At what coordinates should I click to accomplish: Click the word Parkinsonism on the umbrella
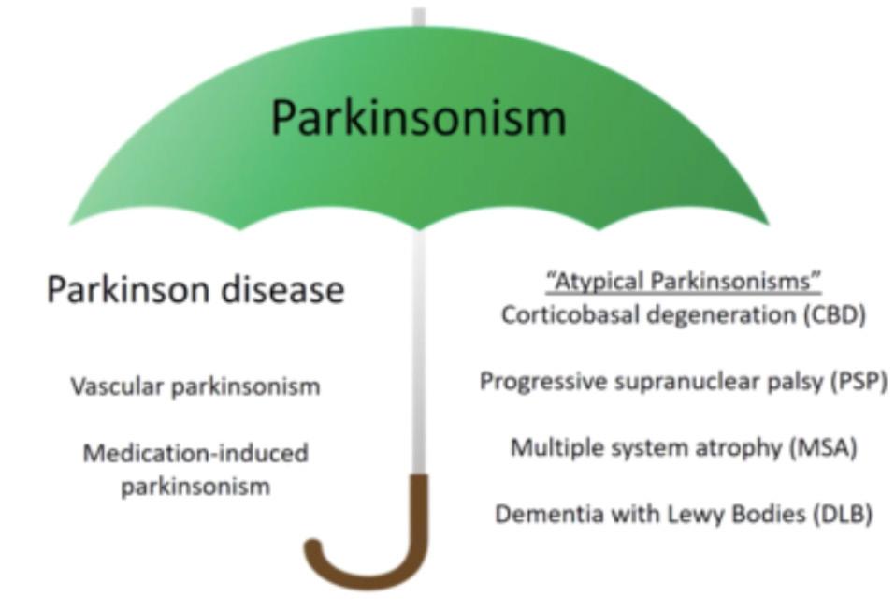click(x=418, y=118)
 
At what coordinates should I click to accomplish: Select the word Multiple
click(x=548, y=447)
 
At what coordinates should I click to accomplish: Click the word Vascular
click(x=110, y=386)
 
